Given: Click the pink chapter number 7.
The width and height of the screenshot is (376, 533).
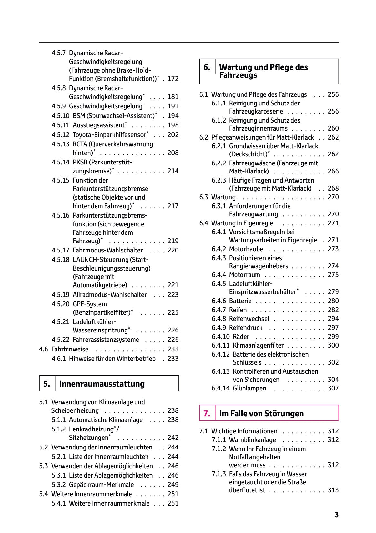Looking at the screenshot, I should [x=207, y=413].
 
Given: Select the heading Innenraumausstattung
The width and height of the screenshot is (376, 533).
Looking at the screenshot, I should [x=102, y=384].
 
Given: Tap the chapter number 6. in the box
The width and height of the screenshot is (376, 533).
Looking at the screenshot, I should [x=207, y=67].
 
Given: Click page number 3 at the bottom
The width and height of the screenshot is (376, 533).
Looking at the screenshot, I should [x=336, y=515].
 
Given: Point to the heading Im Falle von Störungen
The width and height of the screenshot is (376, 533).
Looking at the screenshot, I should [x=261, y=413].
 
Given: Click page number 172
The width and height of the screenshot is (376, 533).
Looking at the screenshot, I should [x=173, y=79].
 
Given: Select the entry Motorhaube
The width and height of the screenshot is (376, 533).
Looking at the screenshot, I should [x=246, y=249].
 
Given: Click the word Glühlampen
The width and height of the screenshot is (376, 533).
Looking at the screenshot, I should [x=249, y=388].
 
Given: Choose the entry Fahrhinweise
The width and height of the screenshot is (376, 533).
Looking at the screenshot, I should [x=70, y=349].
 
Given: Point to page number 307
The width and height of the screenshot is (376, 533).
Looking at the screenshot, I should [x=333, y=388].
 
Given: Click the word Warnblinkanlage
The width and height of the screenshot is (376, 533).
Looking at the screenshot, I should [x=252, y=440].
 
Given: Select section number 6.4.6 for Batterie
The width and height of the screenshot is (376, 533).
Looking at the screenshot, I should [x=219, y=301].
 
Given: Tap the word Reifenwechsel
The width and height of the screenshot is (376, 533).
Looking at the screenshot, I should [x=249, y=319].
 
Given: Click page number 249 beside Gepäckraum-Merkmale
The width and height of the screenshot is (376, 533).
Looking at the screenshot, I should [x=173, y=485].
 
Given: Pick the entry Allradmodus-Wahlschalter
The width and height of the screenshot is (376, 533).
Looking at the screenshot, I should [x=110, y=295].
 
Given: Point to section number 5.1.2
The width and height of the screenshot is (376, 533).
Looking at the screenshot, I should [x=59, y=429].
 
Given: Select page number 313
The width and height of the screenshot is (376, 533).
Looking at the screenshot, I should [x=333, y=490].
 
